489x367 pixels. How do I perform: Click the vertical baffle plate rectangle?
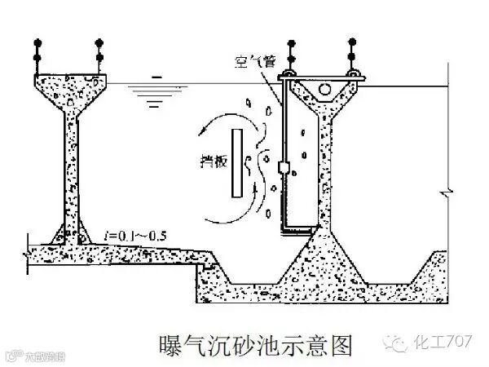coord(236,163)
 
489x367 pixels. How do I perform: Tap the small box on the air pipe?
coord(283,167)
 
